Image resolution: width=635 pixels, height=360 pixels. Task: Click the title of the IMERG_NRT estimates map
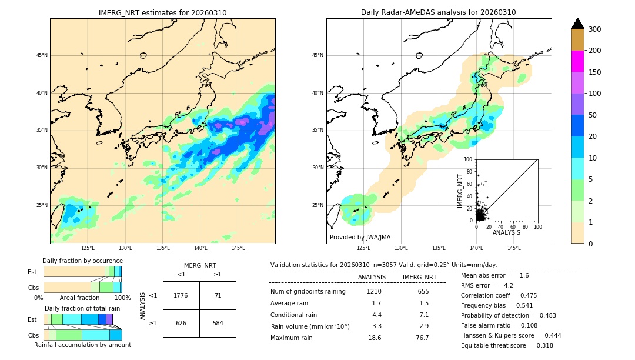coord(162,12)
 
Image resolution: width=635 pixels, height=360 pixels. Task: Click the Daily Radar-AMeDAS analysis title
coord(438,12)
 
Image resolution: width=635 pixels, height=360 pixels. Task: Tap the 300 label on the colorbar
coord(595,29)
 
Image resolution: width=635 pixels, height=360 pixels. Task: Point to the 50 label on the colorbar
coord(593,115)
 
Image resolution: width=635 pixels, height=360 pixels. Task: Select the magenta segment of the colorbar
coord(577,61)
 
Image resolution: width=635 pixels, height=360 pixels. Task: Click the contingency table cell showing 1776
coord(181,295)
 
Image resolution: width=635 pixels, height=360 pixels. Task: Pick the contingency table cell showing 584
coord(218,323)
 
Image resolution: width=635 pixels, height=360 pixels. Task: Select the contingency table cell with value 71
coord(218,295)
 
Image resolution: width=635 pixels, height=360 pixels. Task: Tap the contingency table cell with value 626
coord(181,323)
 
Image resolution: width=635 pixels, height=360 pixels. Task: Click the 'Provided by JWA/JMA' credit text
coord(360,237)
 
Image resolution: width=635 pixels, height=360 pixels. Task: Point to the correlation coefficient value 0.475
coord(536,295)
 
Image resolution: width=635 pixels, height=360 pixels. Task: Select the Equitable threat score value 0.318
coord(542,345)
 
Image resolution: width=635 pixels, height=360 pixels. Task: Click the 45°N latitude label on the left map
coord(42,55)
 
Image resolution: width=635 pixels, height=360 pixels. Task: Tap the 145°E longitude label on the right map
coord(514,248)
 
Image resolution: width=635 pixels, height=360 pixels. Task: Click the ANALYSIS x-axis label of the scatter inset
coord(506,232)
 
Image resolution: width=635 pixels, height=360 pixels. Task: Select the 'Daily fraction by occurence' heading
coord(82,261)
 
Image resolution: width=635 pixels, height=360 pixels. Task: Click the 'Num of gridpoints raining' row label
coord(308,291)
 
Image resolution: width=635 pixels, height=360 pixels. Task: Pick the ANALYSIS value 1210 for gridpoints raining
coord(374,291)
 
